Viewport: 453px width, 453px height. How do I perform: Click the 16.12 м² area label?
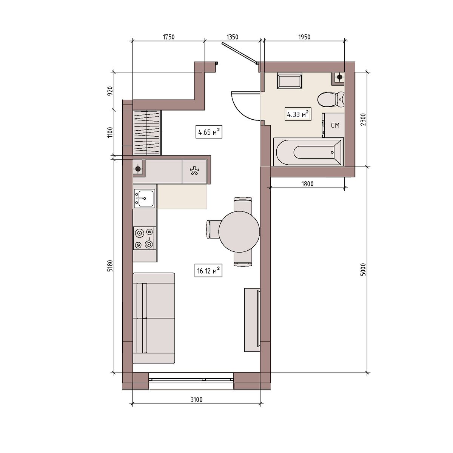208,271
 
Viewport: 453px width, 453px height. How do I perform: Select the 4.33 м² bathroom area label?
298,114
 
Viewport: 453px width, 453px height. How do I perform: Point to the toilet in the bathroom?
331,100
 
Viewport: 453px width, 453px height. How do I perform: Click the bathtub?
308,152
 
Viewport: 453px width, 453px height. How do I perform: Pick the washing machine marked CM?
333,125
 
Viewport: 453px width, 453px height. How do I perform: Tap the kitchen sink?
145,199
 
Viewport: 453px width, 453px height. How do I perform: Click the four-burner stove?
144,238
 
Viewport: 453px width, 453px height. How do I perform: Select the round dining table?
239,231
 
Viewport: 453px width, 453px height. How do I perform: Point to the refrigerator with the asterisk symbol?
194,171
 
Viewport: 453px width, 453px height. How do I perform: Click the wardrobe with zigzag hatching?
147,133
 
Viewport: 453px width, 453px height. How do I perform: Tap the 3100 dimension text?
196,399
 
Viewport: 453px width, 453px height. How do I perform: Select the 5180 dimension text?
110,266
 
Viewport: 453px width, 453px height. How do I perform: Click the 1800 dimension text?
308,183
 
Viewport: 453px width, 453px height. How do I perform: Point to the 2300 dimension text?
363,119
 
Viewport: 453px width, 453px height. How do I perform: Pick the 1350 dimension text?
232,37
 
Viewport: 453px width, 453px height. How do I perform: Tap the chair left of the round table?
213,229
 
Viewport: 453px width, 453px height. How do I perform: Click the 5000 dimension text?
363,270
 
